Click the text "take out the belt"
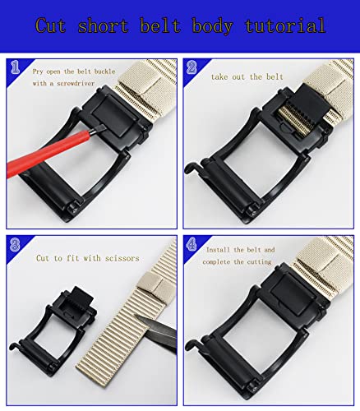coord(248,76)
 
